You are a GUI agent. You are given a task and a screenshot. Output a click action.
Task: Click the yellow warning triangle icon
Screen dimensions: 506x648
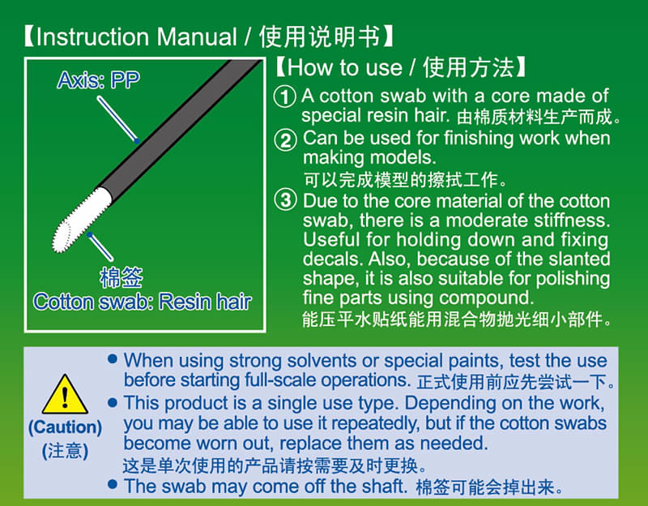[64, 395]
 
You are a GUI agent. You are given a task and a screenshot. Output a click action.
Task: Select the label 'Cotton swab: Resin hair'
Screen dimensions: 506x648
[143, 302]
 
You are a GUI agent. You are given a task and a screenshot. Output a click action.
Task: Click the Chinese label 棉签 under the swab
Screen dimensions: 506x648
[121, 278]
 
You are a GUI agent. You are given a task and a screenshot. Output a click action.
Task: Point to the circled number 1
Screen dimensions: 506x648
[285, 96]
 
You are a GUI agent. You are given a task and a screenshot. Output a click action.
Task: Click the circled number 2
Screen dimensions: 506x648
[285, 139]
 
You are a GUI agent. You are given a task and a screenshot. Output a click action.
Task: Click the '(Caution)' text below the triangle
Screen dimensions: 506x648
[65, 427]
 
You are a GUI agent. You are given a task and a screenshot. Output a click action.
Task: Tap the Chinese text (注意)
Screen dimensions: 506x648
[65, 450]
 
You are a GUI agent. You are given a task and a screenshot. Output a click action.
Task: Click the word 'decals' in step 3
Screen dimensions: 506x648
[330, 259]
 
